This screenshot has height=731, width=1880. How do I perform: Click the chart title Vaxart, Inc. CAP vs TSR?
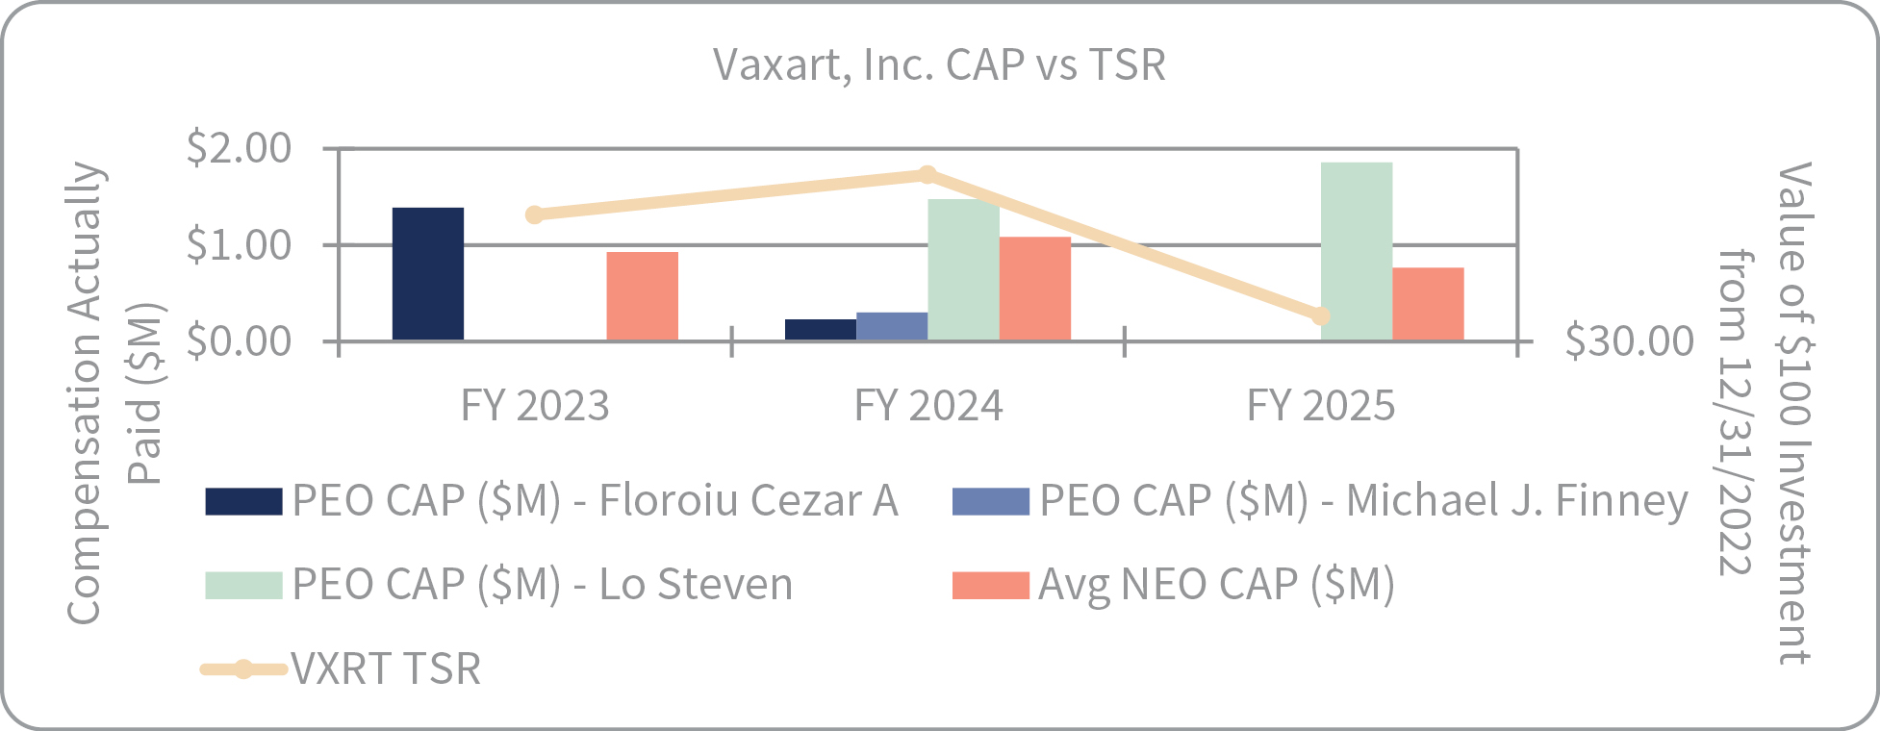coord(939,65)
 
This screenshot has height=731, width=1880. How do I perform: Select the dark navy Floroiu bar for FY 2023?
coord(428,274)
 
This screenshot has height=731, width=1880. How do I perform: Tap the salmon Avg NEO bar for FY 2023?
coord(643,296)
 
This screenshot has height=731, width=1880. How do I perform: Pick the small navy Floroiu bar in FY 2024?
coord(821,330)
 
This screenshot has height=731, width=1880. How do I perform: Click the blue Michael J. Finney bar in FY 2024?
coord(892,327)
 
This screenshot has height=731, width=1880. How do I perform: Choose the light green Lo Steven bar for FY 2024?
coord(963,270)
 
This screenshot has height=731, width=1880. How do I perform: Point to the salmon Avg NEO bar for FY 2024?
coord(1035,289)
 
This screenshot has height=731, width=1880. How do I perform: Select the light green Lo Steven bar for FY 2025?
coord(1357,251)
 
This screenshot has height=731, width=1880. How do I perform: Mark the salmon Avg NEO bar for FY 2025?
coord(1428,304)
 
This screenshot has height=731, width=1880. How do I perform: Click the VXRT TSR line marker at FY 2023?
coord(535,214)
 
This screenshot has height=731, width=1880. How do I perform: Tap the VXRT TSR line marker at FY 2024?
coord(927,174)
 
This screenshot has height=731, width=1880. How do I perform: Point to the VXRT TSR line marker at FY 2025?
coord(1321,315)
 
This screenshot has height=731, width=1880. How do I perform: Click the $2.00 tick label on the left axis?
coord(239,148)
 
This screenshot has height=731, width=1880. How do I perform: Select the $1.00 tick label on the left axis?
coord(239,245)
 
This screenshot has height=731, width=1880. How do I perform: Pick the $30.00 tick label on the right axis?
coord(1629,341)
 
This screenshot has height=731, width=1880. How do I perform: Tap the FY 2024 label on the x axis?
coord(928,406)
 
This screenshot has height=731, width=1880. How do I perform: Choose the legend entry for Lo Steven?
coord(499,585)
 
